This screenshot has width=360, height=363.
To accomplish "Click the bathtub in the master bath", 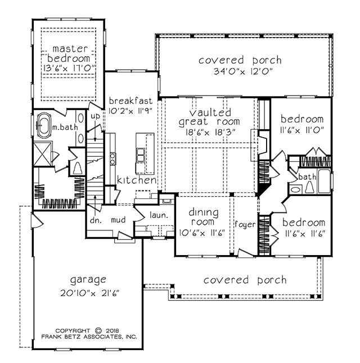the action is (x=43, y=126).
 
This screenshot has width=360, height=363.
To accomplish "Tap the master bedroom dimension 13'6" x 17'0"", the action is (x=69, y=68).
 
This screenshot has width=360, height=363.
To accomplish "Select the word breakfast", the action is (x=130, y=101).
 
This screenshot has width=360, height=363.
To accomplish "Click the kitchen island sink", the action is (x=141, y=155).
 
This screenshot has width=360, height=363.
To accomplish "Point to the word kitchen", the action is (x=137, y=180).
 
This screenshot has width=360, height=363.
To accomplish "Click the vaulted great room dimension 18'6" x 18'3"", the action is (x=210, y=132).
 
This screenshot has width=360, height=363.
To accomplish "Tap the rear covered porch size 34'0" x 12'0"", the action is (x=242, y=71).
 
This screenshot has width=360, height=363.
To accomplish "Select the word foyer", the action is (x=245, y=224).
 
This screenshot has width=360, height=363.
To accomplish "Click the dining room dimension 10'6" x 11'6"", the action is (x=202, y=233).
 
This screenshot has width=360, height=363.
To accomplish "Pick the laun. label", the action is (x=159, y=215).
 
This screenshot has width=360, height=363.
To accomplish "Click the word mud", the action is (x=118, y=220).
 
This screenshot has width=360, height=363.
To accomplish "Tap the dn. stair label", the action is (x=96, y=220).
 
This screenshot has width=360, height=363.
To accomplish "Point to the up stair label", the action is (x=95, y=116).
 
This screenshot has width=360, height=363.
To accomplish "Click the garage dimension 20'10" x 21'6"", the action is (x=89, y=293).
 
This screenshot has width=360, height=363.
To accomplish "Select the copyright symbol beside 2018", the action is (x=98, y=330).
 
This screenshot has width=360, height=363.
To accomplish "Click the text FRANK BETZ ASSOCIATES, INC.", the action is (x=89, y=337).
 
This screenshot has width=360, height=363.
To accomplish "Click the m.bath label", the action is (x=65, y=127).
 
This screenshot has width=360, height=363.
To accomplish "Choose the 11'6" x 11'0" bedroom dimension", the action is (x=302, y=130).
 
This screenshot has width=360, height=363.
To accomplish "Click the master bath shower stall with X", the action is (x=43, y=153).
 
